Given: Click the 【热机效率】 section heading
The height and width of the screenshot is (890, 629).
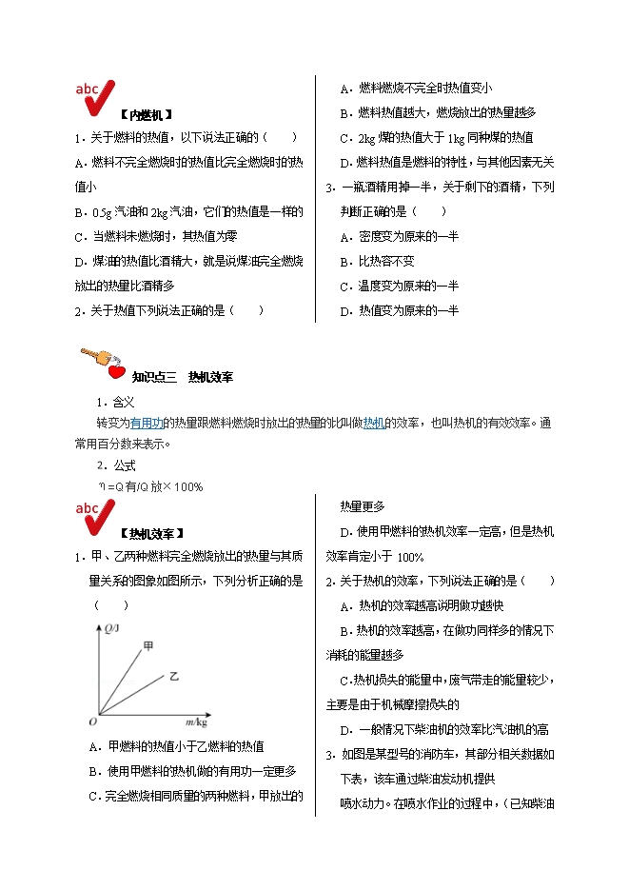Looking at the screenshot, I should click(152, 533).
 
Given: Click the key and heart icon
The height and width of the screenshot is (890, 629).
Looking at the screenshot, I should click(103, 363).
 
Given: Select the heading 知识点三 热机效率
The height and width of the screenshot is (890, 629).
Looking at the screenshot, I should click(183, 377).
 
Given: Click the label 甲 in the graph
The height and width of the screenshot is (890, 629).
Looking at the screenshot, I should click(148, 647).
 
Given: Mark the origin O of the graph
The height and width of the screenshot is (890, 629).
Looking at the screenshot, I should click(94, 721).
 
